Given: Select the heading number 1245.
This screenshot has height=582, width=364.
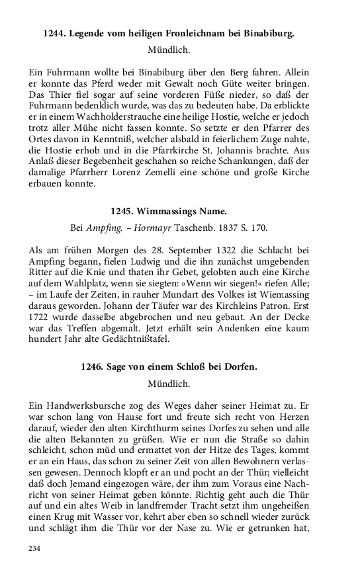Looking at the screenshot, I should (125, 212).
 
